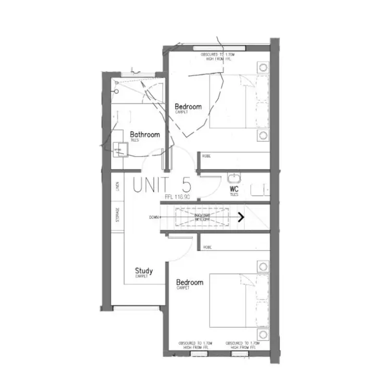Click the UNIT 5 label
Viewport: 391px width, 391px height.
click(162, 185)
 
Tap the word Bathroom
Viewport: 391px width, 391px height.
click(144, 134)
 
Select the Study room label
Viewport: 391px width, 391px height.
click(143, 271)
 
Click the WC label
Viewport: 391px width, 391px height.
click(234, 189)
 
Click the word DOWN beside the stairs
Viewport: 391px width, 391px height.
click(154, 217)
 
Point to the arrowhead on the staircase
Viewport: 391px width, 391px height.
click(242, 217)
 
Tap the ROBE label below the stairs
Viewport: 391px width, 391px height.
click(207, 247)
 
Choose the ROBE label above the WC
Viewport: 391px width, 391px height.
click(206, 155)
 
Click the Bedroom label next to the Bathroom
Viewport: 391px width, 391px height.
click(188, 107)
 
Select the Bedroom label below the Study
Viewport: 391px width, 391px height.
click(189, 282)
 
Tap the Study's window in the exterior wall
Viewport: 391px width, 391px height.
click(137, 308)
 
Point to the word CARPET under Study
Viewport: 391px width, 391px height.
click(142, 277)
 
